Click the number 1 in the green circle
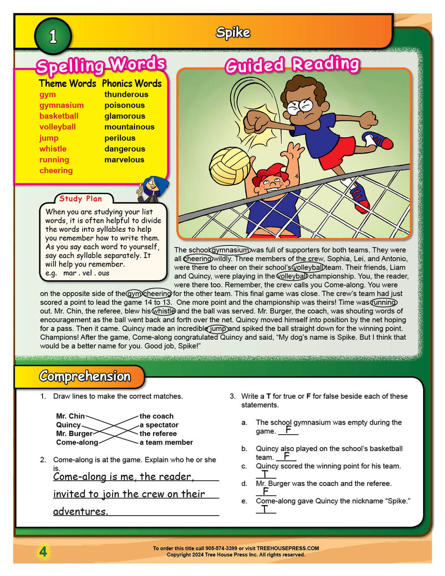53,37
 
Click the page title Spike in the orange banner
233,33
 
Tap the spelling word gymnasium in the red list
61,105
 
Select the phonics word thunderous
126,94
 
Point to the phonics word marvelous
124,160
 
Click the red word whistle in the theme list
53,149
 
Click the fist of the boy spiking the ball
257,120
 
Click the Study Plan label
79,199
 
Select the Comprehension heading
84,376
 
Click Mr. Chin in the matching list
70,416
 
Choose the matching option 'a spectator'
159,425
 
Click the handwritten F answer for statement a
287,430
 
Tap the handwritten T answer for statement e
265,510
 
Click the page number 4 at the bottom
43,552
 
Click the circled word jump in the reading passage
218,328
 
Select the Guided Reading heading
291,65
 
